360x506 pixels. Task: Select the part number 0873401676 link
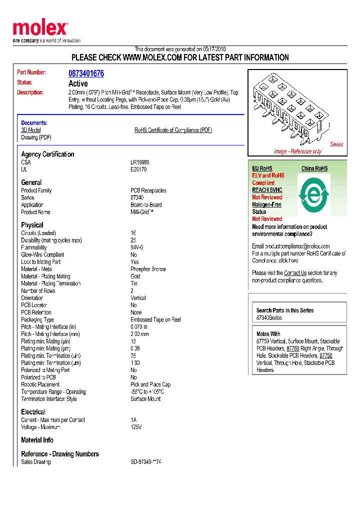coord(86,73)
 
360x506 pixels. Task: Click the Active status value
coord(78,83)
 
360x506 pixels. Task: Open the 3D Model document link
coord(31,130)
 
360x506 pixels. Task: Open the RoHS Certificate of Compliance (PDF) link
coord(173,130)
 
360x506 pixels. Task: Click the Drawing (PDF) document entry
coord(36,137)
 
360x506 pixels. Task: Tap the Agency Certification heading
coord(47,154)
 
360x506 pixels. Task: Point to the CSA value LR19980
coord(140,162)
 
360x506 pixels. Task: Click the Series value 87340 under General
coord(137,197)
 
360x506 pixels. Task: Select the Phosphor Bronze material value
coord(148,269)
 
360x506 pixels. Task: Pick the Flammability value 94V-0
coord(137,247)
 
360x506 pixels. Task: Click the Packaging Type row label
coord(37,319)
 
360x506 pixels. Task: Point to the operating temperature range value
coord(147,392)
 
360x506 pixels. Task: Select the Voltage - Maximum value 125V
coord(136,427)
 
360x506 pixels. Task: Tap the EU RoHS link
coord(262,168)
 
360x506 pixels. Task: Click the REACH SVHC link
coord(267,190)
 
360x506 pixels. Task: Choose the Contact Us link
coord(295,273)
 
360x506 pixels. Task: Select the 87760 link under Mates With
coord(293,348)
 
